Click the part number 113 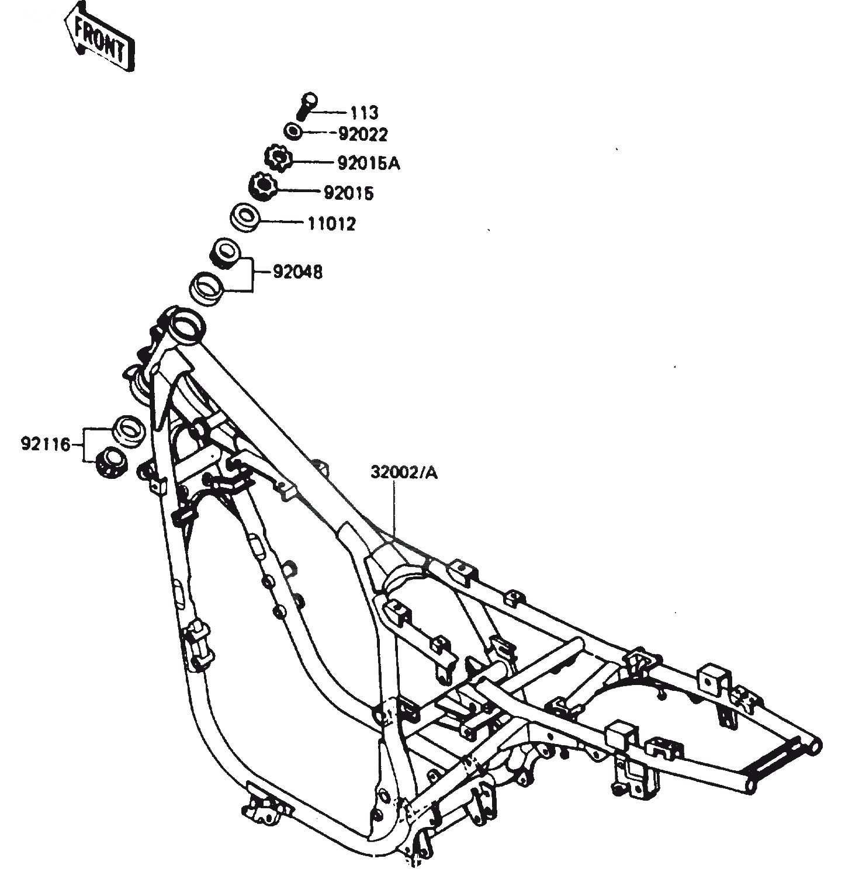[x=365, y=112]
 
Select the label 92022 [x=363, y=134]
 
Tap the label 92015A [x=369, y=164]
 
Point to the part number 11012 [x=331, y=224]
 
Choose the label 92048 [x=297, y=272]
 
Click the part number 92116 [x=46, y=445]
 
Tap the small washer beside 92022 [x=293, y=130]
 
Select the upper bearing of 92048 [x=224, y=252]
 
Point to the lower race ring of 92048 [x=207, y=288]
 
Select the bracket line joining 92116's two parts [x=84, y=446]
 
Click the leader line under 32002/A [x=394, y=510]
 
